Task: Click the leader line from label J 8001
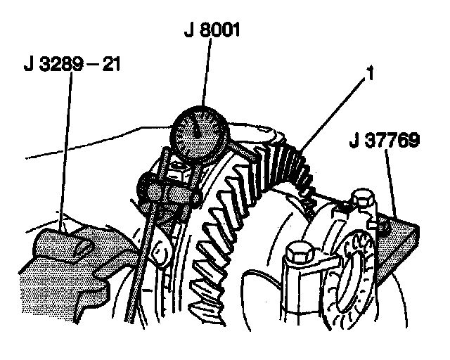pos(205,77)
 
